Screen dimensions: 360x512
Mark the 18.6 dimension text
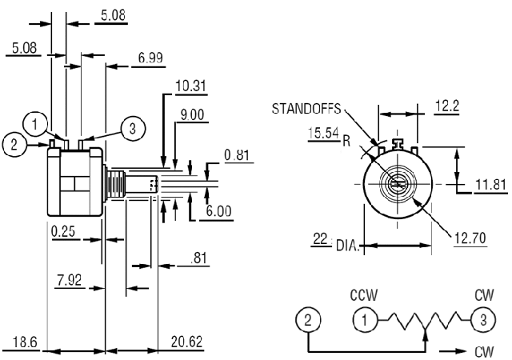pyautogui.click(x=25, y=342)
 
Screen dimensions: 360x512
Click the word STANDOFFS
pyautogui.click(x=307, y=108)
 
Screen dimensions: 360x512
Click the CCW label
pyautogui.click(x=364, y=294)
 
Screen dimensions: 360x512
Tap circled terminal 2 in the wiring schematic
pyautogui.click(x=308, y=321)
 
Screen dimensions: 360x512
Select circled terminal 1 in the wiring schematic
pyautogui.click(x=365, y=321)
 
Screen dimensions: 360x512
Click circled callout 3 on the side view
pyautogui.click(x=133, y=126)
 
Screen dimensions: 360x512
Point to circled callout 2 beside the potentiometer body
pyautogui.click(x=14, y=144)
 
